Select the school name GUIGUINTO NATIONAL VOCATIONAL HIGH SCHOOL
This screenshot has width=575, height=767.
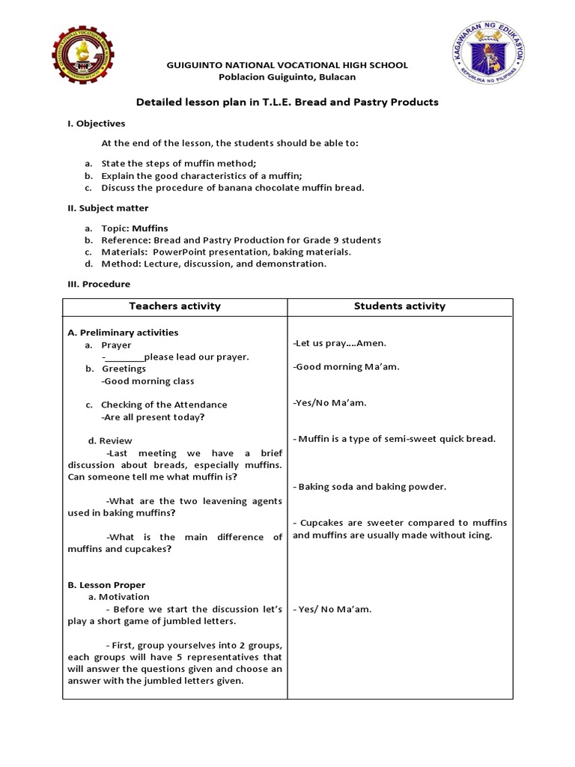(x=287, y=65)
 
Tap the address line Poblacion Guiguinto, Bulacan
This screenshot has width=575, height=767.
(x=287, y=77)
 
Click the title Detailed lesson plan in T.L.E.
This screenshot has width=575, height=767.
(x=287, y=102)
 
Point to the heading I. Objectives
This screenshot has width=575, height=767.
(x=97, y=124)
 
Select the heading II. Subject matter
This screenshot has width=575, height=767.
(x=108, y=208)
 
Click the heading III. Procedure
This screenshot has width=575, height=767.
(x=99, y=285)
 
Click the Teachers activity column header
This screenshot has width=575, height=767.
(x=174, y=306)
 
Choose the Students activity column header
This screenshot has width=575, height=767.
(x=400, y=306)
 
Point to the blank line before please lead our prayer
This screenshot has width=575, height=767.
(x=124, y=357)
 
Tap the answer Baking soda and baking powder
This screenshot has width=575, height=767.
(x=370, y=487)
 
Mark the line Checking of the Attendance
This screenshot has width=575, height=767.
(x=164, y=404)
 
